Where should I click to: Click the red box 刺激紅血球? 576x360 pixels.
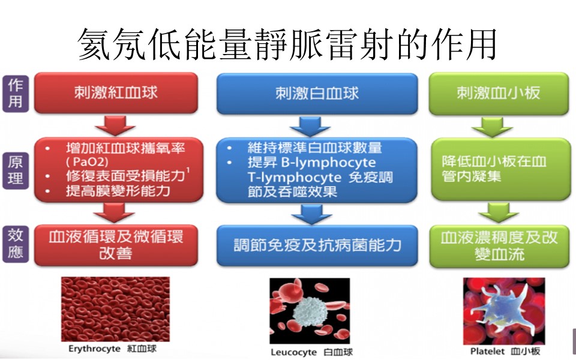pos(116,93)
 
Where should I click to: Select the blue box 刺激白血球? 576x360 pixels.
pos(317,93)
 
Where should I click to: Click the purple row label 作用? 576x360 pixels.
pos(16,94)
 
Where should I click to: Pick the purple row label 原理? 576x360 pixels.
pos(16,170)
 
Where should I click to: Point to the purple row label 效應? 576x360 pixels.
pos(16,245)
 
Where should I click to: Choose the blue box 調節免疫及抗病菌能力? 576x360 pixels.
pos(317,245)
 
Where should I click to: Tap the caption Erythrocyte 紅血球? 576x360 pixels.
pos(112,348)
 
